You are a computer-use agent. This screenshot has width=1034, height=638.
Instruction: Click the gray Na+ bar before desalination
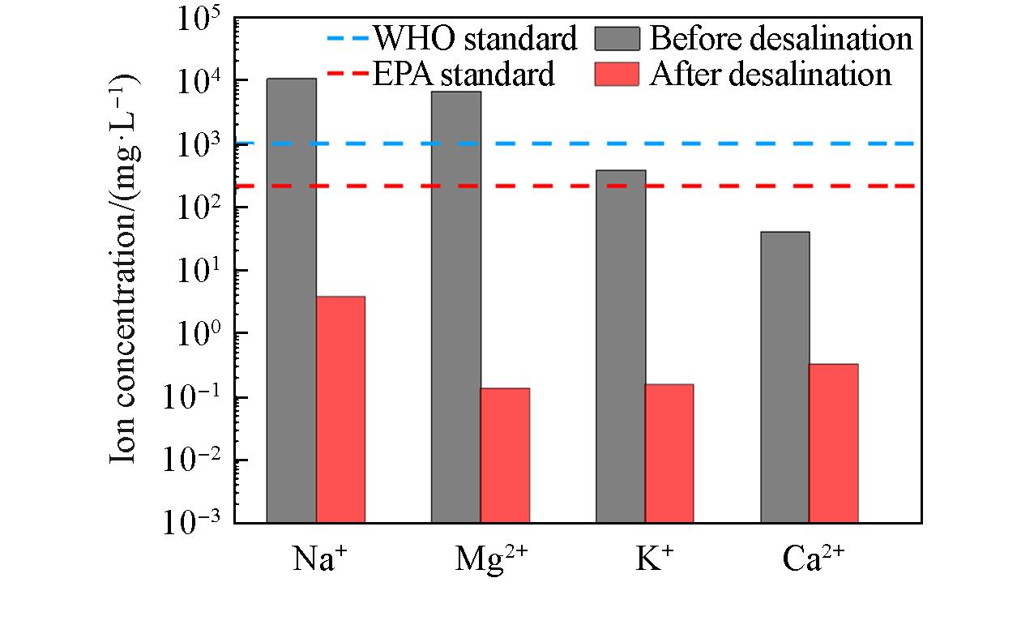pyautogui.click(x=291, y=300)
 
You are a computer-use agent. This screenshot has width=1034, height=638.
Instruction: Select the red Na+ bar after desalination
pyautogui.click(x=340, y=409)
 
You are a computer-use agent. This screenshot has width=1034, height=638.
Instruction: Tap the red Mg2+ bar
pyautogui.click(x=505, y=455)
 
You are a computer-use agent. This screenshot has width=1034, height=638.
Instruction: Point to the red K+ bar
pyautogui.click(x=669, y=453)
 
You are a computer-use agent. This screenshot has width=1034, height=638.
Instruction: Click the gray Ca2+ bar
pyautogui.click(x=785, y=377)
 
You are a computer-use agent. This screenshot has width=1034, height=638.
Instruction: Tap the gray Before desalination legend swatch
pyautogui.click(x=617, y=38)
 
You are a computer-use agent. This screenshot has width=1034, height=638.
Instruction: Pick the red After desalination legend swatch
pyautogui.click(x=617, y=74)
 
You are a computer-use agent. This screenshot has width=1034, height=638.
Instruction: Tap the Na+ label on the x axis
pyautogui.click(x=314, y=559)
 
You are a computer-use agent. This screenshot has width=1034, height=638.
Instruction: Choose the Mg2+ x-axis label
pyautogui.click(x=491, y=559)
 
